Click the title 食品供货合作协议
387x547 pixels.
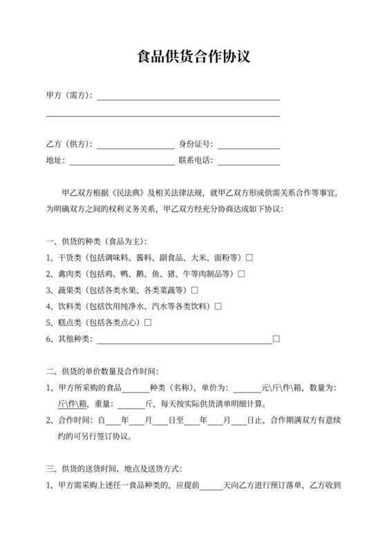193,56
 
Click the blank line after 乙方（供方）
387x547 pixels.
135,145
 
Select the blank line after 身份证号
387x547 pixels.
249,145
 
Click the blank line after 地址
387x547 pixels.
122,162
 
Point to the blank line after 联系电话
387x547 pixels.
249,162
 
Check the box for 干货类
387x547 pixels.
249,258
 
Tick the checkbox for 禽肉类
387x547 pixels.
242,273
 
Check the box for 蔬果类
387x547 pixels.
195,290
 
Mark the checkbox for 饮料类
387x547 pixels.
218,306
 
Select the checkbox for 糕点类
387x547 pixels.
148,323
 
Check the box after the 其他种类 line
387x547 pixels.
276,338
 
